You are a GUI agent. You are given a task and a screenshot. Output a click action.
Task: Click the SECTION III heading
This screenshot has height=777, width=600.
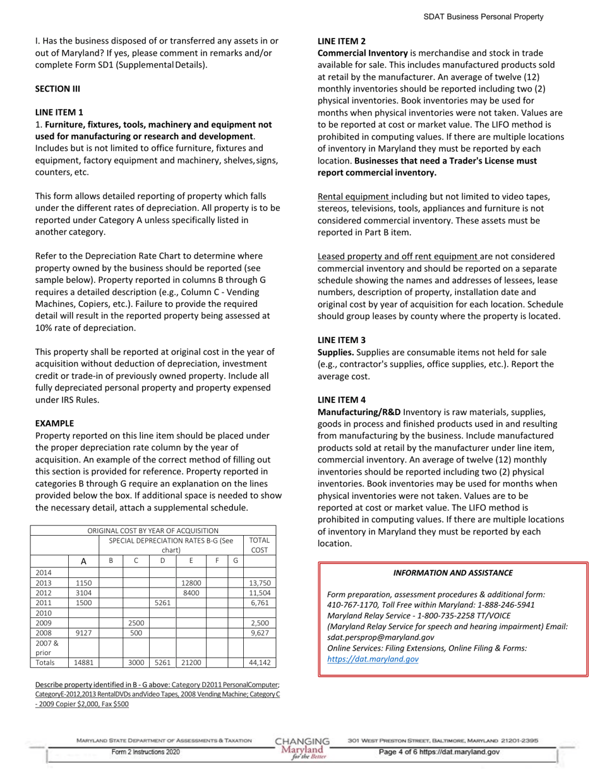click(x=53, y=88)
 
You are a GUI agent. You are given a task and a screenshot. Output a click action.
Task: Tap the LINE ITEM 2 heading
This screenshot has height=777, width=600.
click(x=341, y=41)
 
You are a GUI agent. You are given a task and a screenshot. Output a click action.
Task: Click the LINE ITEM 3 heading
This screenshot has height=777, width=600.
click(x=341, y=340)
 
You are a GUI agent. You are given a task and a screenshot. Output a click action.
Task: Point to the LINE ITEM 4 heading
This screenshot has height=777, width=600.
click(x=341, y=400)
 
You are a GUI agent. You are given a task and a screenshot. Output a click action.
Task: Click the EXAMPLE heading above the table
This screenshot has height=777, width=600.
click(x=54, y=423)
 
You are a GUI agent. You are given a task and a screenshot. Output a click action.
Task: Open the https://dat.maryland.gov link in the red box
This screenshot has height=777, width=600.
click(x=373, y=659)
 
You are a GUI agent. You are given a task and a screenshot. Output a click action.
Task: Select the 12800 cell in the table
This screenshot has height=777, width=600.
click(x=191, y=583)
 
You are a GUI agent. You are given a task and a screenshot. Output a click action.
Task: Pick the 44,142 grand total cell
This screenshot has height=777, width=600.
click(x=260, y=663)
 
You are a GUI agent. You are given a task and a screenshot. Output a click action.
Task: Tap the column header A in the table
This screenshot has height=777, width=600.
click(x=83, y=561)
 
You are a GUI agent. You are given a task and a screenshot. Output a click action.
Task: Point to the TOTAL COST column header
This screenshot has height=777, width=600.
click(x=260, y=545)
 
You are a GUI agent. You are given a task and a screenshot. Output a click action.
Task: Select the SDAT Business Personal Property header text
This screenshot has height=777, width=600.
click(x=483, y=17)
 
